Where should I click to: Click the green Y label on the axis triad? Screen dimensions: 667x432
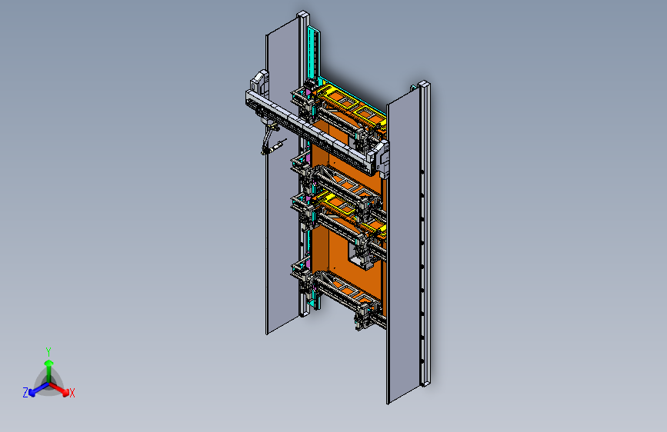pos(48,352)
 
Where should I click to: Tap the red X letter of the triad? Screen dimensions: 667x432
pos(72,393)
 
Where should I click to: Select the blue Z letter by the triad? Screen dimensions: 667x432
pos(25,393)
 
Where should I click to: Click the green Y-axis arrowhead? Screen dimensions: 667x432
pos(49,363)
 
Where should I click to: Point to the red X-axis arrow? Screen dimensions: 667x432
pos(59,389)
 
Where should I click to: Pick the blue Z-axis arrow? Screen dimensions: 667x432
pos(39,389)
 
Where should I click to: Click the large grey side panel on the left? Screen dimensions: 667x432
pos(282,178)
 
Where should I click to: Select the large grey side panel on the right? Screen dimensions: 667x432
pos(403,251)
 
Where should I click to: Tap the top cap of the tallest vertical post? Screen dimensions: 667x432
pos(302,15)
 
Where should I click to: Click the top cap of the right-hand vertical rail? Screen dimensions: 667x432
pos(424,85)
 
